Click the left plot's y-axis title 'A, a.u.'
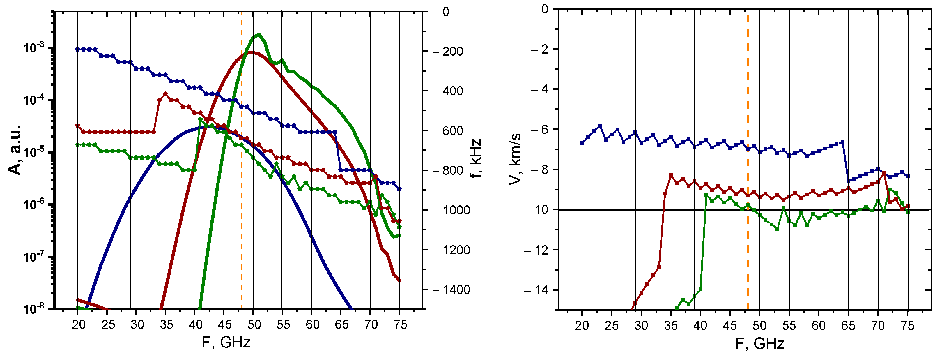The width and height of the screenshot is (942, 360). point(15,150)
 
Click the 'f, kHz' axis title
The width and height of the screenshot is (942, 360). point(475,158)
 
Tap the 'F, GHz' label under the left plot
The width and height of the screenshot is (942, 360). point(226,343)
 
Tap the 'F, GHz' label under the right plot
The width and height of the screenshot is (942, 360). point(759,344)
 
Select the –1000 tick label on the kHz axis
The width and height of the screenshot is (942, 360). point(451,210)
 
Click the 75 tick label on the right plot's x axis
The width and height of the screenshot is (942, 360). point(908,326)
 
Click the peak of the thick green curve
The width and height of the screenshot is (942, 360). point(259,34)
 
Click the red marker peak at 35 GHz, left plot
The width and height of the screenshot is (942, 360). point(165,94)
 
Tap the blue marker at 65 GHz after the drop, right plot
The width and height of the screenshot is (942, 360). point(848,181)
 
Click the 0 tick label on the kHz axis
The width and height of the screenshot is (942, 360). point(445,12)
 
